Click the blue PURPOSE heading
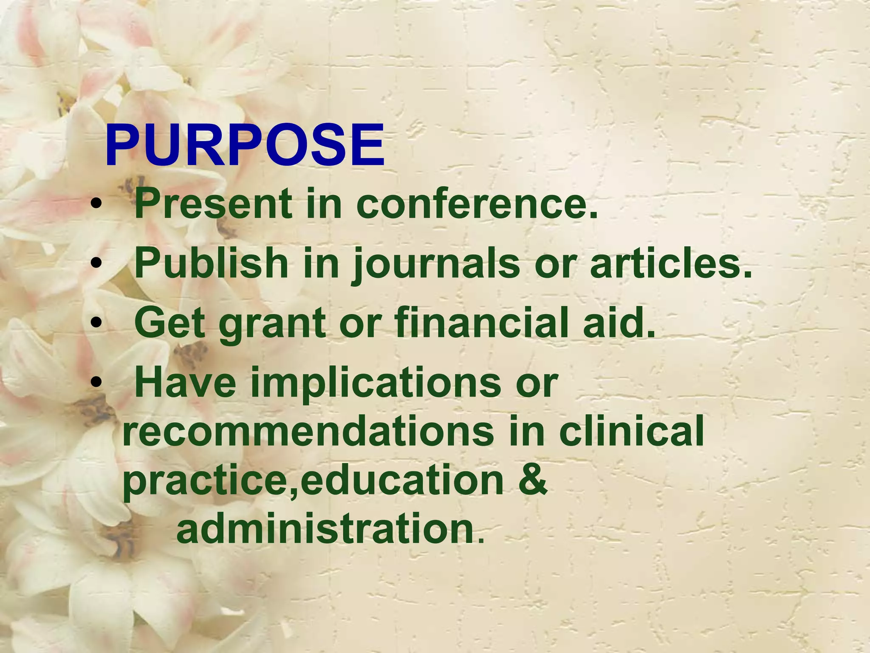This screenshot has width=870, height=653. click(245, 145)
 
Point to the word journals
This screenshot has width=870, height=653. click(436, 264)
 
